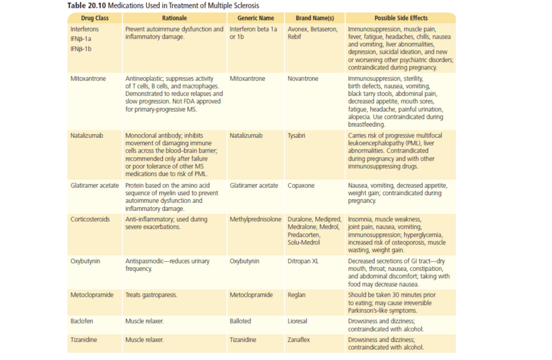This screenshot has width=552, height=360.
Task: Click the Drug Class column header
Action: coord(95,18)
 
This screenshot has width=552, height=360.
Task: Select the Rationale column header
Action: coord(174,18)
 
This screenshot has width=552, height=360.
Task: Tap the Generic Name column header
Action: coord(256,18)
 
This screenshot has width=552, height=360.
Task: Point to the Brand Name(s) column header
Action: coord(315,18)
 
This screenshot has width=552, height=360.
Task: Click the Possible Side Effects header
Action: coord(401,18)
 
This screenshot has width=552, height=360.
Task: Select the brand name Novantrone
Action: coord(303,79)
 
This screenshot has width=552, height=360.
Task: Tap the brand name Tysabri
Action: coord(296,136)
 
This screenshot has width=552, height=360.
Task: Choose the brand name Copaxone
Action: coord(301,185)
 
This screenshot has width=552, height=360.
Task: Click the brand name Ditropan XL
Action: coord(303,261)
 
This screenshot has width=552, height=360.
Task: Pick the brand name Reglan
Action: coord(296,295)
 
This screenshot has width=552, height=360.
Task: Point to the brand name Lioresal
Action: coord(298,321)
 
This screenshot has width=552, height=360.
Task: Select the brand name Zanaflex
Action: coord(299,340)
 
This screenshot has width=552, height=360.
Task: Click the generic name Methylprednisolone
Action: coord(256,219)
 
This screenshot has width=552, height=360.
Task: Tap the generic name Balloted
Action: coord(240,321)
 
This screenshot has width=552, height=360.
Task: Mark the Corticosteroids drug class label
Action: coord(90,219)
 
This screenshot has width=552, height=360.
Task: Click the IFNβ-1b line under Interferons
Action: coord(81,49)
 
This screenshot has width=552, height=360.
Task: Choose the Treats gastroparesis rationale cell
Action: coord(151,295)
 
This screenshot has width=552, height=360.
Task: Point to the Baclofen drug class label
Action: coord(81,321)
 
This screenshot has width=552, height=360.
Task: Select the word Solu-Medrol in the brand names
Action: coord(304,242)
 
